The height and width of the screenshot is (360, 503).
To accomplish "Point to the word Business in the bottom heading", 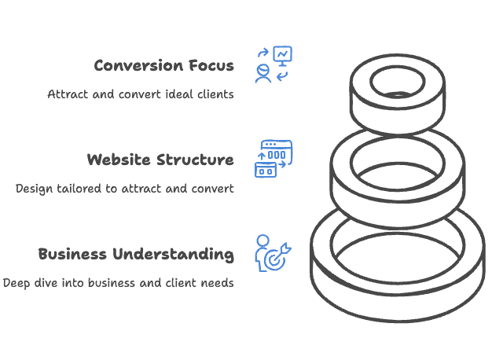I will pos(73,254).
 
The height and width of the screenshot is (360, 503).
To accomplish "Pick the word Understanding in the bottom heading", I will pos(174,255).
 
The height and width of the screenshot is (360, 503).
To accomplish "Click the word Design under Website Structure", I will pos(33,189).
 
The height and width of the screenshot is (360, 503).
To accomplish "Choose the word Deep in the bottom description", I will pos(17,283).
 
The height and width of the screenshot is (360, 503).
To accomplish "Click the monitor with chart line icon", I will pos(282,56).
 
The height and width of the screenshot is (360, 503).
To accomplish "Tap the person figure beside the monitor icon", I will pos(263,73).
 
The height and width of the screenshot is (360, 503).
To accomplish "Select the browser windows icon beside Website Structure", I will pos(274,158).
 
